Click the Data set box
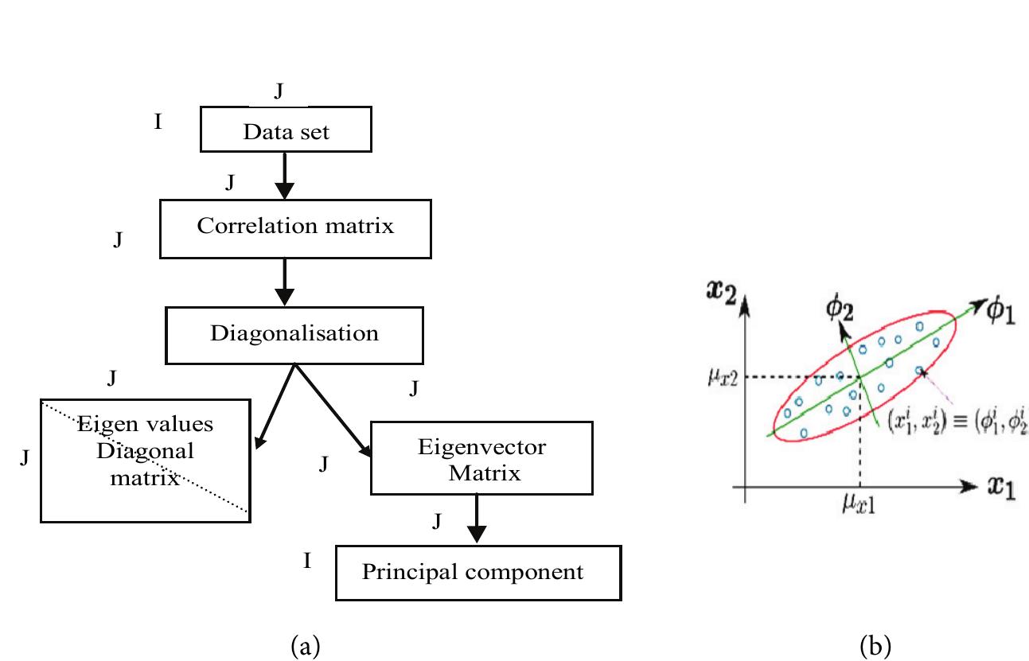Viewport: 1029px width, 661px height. tap(285, 131)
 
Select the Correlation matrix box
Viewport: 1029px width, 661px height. tap(295, 227)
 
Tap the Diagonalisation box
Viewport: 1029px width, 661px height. tap(294, 334)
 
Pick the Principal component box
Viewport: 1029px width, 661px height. tap(477, 572)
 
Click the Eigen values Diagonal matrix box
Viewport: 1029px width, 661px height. tap(145, 461)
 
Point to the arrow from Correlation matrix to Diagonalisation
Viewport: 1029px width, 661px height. tap(285, 280)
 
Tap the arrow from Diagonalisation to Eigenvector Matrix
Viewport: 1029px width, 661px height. tap(334, 410)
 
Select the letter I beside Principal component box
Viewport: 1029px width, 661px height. tap(306, 561)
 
